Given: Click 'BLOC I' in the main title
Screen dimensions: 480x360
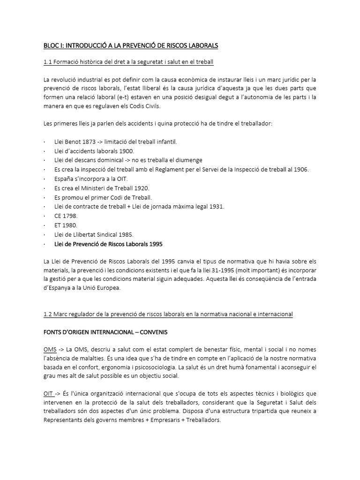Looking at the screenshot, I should coord(52,46).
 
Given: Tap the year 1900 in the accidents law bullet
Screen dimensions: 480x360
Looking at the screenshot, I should coord(126,150).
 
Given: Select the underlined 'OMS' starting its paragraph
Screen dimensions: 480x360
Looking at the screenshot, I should coord(50,349).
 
